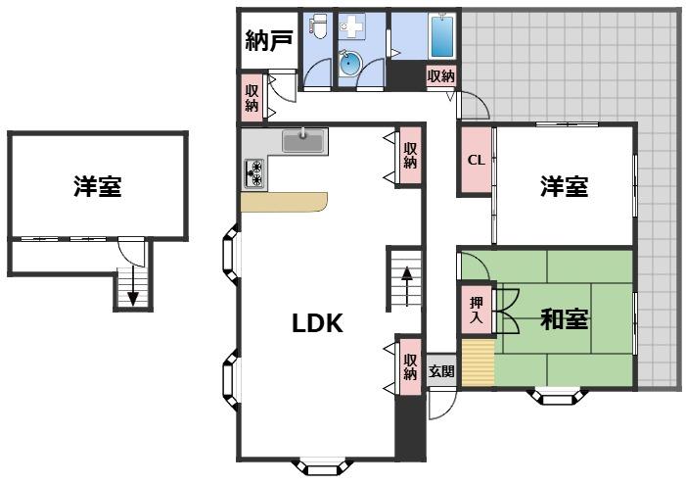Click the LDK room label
point(317,323)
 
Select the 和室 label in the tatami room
point(564,318)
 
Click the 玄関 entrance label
point(441,371)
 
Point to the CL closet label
point(476,161)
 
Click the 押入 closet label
point(477,311)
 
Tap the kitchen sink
point(303,140)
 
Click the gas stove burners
point(254,173)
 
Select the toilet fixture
point(318,24)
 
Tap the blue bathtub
point(442,35)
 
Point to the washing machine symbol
point(351,27)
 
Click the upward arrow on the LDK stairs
point(407,286)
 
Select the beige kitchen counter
point(284,202)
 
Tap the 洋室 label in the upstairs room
point(97,186)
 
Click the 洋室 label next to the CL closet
point(564,186)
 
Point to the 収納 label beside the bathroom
point(441,76)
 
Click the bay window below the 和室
point(557,396)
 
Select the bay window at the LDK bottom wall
point(322,467)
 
